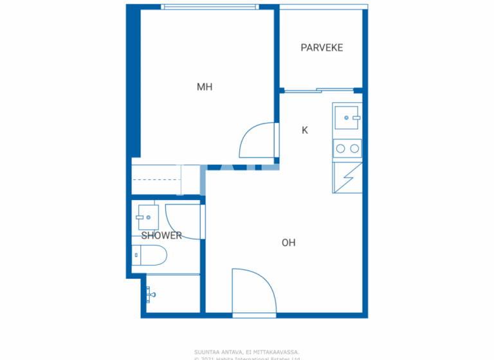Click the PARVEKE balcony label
[x=322, y=48]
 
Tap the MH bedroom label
[x=205, y=87]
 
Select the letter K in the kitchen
[x=305, y=130]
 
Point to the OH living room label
[x=288, y=242]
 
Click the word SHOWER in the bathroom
[x=161, y=235]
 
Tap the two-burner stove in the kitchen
[x=347, y=148]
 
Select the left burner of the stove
[x=342, y=148]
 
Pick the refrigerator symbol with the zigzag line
[x=347, y=177]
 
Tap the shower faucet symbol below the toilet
[x=151, y=294]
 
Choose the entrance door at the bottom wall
[x=254, y=292]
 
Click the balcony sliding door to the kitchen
[x=318, y=91]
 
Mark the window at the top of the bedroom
[x=210, y=7]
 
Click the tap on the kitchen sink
[x=355, y=118]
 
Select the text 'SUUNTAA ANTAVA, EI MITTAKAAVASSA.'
[x=247, y=352]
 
